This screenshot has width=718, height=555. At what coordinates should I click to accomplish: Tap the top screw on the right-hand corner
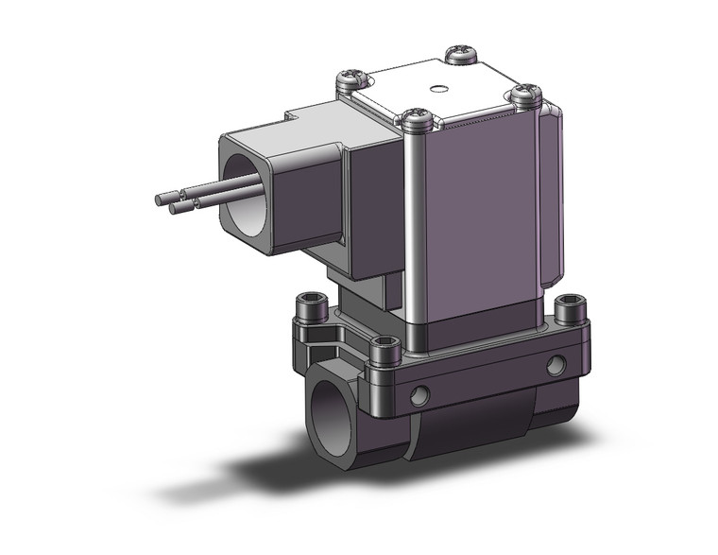[x=525, y=93]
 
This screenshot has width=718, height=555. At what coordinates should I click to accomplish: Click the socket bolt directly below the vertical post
[x=387, y=348]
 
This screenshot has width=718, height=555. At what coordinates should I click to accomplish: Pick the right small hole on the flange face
[x=555, y=363]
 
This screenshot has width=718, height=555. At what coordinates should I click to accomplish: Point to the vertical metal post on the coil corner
[x=414, y=227]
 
